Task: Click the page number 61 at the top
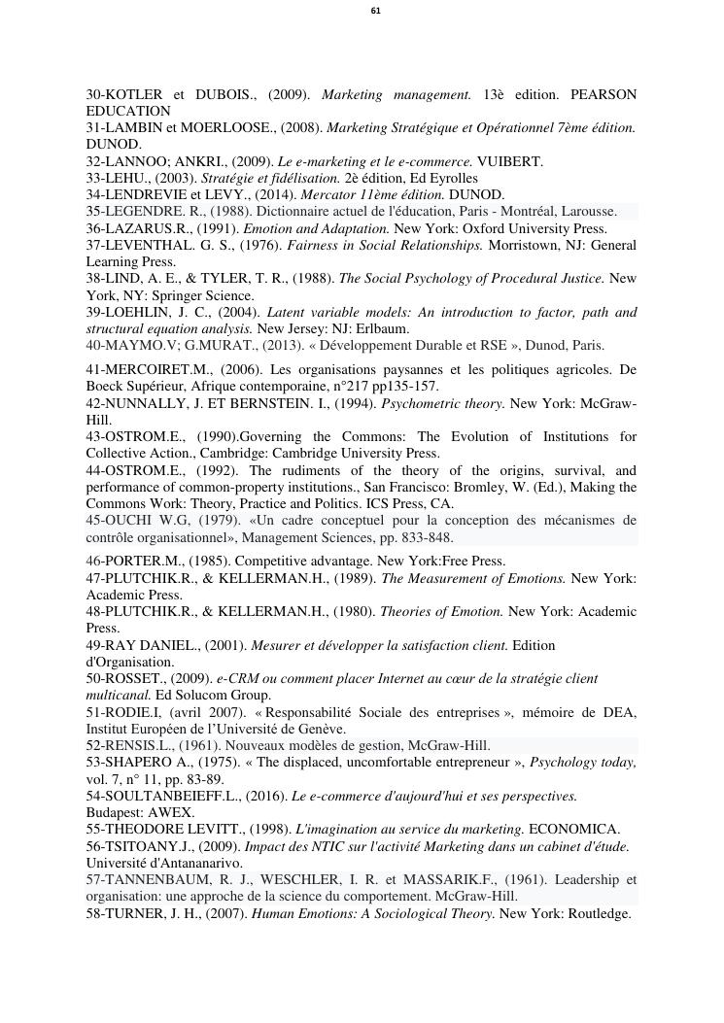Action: [x=376, y=11]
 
